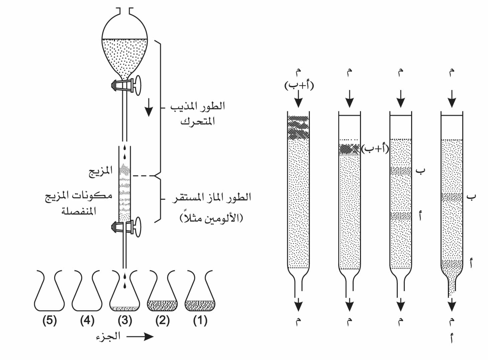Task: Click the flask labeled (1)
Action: tap(200, 291)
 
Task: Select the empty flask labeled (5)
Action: tap(49, 291)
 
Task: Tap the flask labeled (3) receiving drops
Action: tap(125, 291)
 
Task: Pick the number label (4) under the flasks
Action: tap(87, 321)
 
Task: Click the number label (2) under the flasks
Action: tap(162, 321)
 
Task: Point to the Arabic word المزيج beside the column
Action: tap(100, 171)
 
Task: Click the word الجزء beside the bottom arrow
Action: tap(108, 337)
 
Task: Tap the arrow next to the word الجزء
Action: tap(140, 337)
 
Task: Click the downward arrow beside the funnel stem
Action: tap(149, 107)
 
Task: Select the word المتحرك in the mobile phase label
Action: tap(198, 121)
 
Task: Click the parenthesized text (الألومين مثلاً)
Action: tap(211, 218)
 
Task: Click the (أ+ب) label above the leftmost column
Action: tap(299, 85)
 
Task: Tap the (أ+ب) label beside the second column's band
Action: tap(375, 149)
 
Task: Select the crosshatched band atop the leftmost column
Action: tap(298, 127)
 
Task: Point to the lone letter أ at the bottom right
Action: tap(452, 338)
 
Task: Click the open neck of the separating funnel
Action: tap(125, 11)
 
